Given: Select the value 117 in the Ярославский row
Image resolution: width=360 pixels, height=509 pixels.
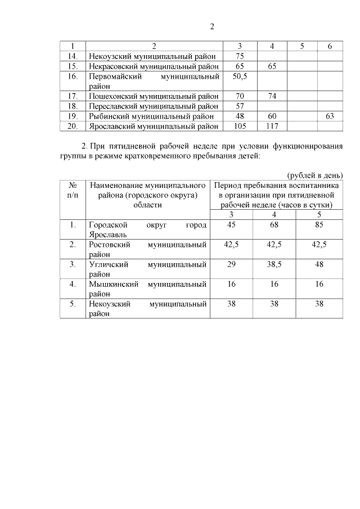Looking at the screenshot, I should [272, 127].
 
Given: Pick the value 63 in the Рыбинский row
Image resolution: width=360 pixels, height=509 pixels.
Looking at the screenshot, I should [330, 116].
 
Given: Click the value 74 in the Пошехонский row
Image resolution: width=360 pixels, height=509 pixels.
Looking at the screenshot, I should [272, 96].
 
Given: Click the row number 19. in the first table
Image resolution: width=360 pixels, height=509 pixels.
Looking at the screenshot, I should [72, 116].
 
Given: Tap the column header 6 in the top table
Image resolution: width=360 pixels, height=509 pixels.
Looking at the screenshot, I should [330, 46].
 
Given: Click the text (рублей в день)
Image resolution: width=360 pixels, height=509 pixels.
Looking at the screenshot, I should [315, 174].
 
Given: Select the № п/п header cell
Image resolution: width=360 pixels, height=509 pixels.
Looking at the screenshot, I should [73, 190].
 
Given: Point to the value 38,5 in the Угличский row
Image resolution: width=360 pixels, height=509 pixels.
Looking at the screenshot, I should [274, 264].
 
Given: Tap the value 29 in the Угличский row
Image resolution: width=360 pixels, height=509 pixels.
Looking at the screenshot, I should [231, 264].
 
